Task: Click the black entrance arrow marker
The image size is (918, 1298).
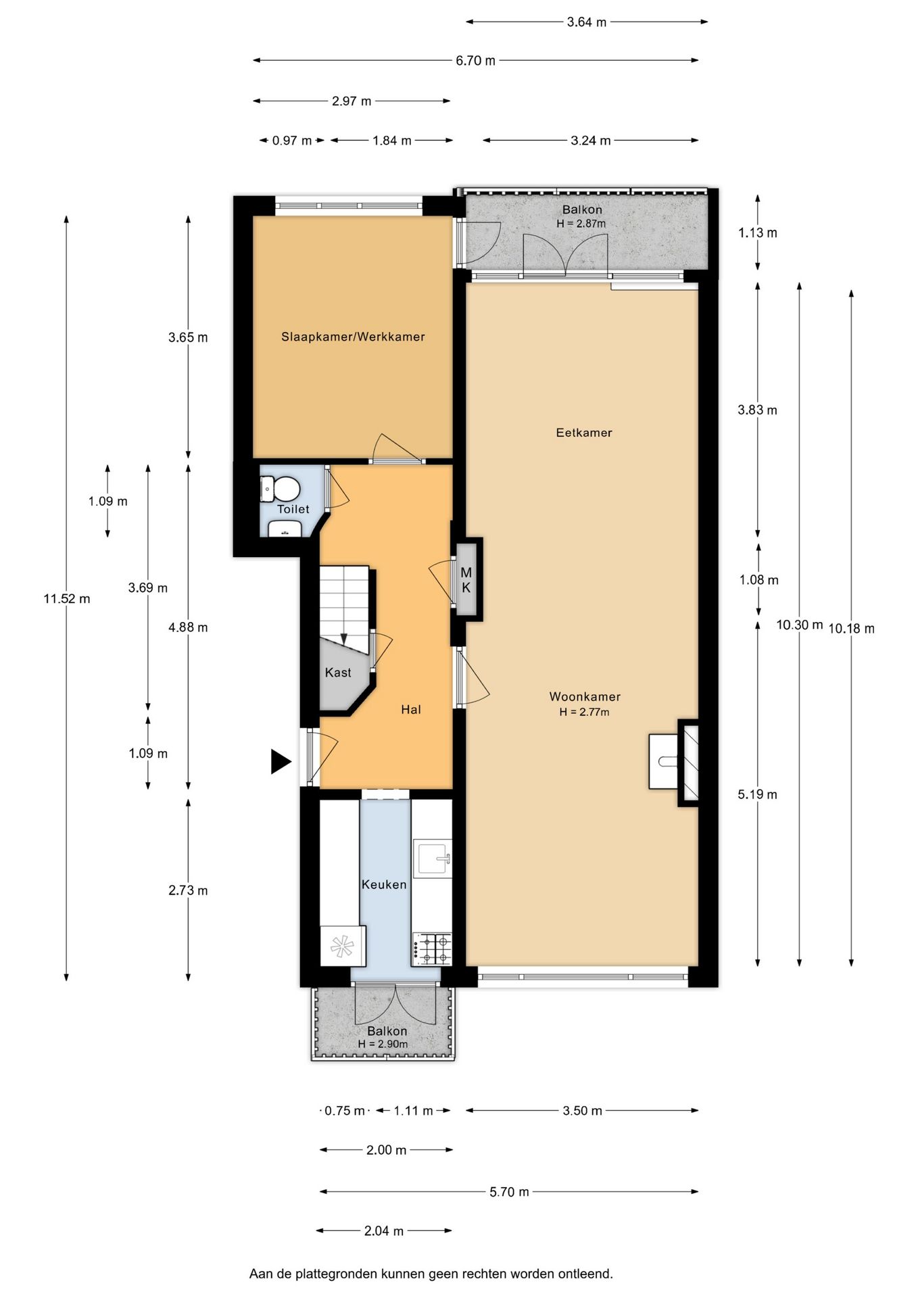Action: (281, 761)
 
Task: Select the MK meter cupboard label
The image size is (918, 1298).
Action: (466, 580)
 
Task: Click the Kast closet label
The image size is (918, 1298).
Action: (338, 672)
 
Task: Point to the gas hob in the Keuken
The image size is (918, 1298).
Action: (432, 948)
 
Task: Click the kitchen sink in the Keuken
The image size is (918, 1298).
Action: (433, 859)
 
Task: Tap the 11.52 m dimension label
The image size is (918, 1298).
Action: (67, 598)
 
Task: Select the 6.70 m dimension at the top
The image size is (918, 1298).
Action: (476, 61)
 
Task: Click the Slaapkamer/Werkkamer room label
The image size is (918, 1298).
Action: (353, 337)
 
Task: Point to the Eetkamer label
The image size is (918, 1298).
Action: (584, 433)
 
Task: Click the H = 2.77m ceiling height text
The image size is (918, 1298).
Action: (584, 712)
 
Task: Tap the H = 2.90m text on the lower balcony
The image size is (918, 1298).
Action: (383, 1044)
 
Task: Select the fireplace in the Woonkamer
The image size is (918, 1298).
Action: (673, 762)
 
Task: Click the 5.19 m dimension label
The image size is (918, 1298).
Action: (757, 794)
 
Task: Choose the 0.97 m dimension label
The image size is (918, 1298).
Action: (292, 141)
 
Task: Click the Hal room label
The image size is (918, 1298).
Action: (411, 709)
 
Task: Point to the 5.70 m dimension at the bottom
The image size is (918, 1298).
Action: (509, 1192)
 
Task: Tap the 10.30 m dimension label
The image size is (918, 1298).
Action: (800, 625)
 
